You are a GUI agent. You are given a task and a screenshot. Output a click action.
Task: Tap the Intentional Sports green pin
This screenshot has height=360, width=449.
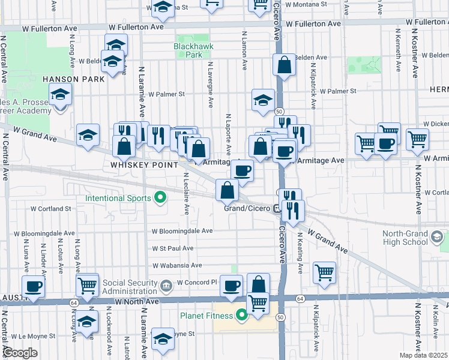click(160, 197)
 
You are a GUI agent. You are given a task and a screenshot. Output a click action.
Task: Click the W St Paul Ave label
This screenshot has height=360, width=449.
click(173, 248)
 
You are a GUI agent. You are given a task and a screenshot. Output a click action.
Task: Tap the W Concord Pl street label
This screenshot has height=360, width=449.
click(197, 283)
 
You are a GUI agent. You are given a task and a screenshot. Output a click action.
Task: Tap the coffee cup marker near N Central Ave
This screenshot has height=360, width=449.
click(33, 286)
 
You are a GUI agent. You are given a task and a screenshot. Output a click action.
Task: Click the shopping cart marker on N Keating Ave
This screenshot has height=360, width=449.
click(325, 272)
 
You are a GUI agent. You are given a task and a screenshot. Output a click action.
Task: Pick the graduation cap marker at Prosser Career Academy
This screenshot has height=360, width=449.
click(60, 95)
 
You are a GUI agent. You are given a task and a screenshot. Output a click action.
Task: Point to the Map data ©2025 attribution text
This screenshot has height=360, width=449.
click(423, 355)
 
